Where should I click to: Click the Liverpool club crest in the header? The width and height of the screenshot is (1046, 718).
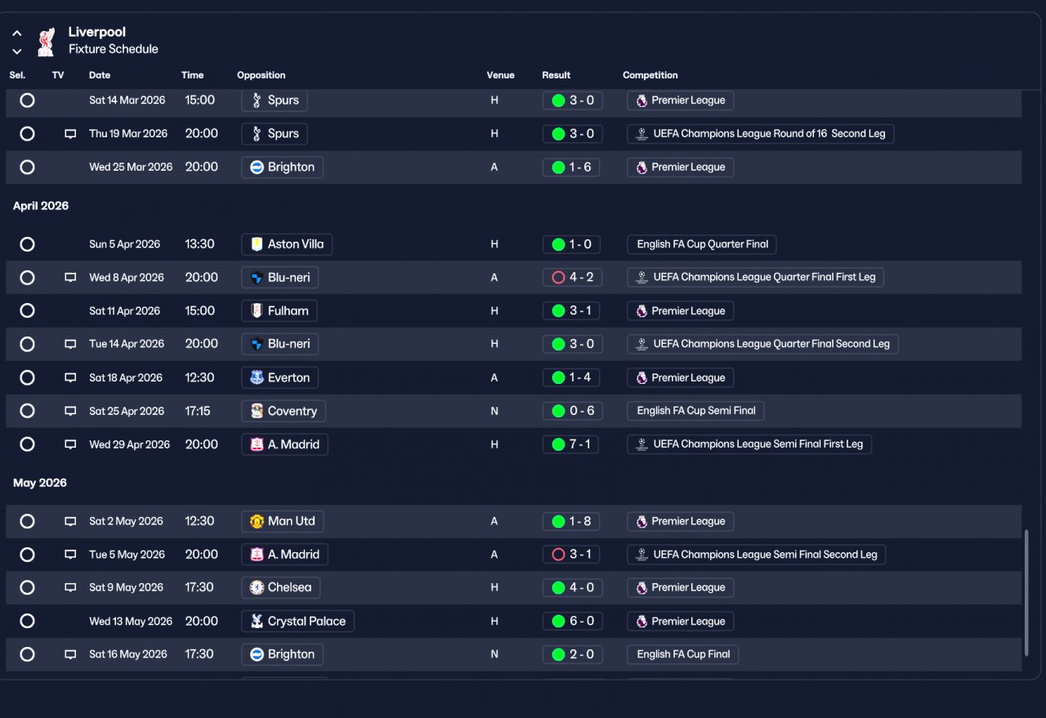(x=47, y=42)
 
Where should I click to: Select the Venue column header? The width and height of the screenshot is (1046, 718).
(x=500, y=75)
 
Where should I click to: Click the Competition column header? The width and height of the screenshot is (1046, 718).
(x=650, y=75)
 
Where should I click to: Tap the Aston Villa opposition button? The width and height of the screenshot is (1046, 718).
(x=287, y=244)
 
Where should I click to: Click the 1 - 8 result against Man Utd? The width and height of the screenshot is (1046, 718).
(x=571, y=521)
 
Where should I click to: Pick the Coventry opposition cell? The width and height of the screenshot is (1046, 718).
(x=284, y=411)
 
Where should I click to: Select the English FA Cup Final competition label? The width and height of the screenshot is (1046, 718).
(x=682, y=654)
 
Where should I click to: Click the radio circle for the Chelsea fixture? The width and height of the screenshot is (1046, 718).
(x=27, y=587)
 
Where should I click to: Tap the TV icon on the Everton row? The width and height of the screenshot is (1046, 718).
(x=70, y=377)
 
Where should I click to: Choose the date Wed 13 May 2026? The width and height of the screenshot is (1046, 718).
(x=131, y=621)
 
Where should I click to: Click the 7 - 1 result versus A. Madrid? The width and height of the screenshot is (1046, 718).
(x=570, y=444)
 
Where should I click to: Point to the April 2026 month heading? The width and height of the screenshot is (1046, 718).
(x=41, y=206)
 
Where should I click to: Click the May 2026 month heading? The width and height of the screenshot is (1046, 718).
(x=40, y=483)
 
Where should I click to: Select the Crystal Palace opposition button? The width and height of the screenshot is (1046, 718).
(x=298, y=621)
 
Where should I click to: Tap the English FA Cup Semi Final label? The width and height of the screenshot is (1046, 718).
(x=695, y=411)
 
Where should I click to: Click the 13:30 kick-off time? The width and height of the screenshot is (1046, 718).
(x=199, y=244)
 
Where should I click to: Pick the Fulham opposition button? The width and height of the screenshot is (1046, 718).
(x=279, y=311)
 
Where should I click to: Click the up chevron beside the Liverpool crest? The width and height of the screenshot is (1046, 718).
(x=17, y=33)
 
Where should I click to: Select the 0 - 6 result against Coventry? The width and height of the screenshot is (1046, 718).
(x=573, y=411)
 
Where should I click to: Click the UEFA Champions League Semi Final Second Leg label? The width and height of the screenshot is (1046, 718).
(x=757, y=555)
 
